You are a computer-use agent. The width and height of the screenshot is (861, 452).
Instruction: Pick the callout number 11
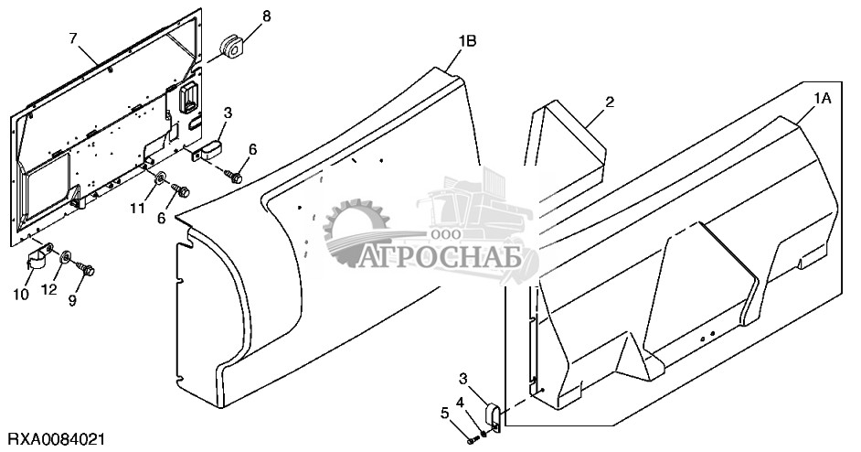pyautogui.click(x=136, y=209)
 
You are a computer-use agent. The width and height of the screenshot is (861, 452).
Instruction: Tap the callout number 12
pyautogui.click(x=51, y=290)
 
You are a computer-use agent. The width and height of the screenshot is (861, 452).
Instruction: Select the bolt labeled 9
pyautogui.click(x=89, y=268)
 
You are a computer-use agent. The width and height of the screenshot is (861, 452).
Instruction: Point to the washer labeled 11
pyautogui.click(x=161, y=178)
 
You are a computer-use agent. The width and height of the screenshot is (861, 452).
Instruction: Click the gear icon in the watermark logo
pyautogui.click(x=350, y=229)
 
